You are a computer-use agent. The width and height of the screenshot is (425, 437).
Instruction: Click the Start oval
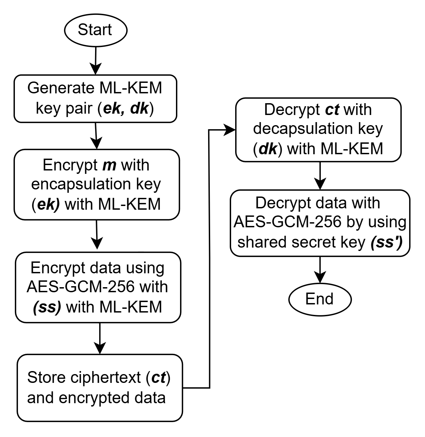pyautogui.click(x=95, y=30)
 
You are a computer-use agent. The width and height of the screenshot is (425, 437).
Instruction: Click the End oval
pyautogui.click(x=319, y=299)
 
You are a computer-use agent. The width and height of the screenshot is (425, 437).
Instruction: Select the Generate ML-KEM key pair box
pyautogui.click(x=95, y=98)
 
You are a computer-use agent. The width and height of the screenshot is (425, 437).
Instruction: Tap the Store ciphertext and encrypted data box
pyautogui.click(x=99, y=388)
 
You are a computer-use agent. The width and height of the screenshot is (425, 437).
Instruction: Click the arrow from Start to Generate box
pyautogui.click(x=96, y=61)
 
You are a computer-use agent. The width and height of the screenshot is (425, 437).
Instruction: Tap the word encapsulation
pyautogui.click(x=81, y=184)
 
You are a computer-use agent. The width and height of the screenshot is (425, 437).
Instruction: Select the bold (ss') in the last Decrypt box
pyautogui.click(x=386, y=242)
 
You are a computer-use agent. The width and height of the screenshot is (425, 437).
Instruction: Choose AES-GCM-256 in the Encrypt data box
pyautogui.click(x=80, y=287)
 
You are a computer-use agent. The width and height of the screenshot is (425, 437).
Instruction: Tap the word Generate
pyautogui.click(x=62, y=88)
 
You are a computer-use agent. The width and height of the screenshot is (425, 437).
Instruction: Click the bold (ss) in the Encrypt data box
pyautogui.click(x=47, y=307)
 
